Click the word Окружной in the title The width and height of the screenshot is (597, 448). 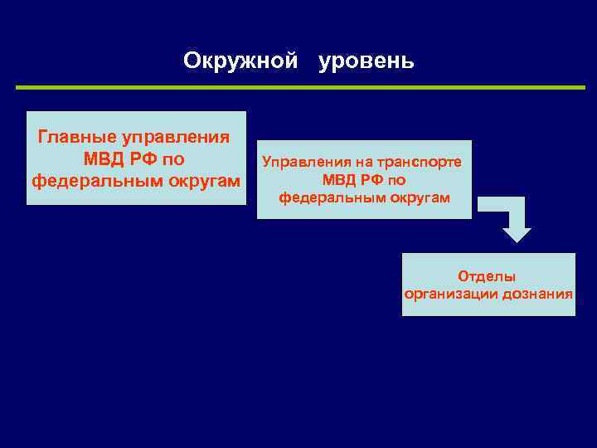240,61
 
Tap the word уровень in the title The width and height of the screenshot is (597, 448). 366,61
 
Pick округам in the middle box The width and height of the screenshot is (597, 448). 420,198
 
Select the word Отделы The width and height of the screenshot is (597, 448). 488,276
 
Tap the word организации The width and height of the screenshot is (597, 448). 451,295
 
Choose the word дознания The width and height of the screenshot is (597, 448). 537,295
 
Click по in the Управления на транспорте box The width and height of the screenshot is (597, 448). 396,180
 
